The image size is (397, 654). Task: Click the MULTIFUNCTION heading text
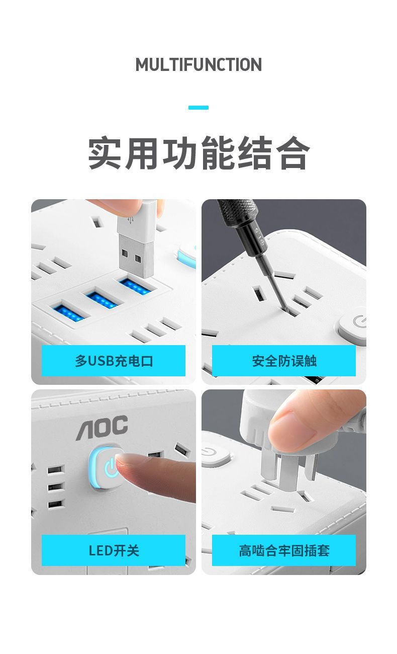(198, 64)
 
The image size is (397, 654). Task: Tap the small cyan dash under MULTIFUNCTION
(198, 108)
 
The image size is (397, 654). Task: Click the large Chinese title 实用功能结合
(198, 153)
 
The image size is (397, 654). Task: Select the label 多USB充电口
(114, 361)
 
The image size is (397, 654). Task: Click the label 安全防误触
(284, 361)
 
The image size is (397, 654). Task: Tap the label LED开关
(114, 551)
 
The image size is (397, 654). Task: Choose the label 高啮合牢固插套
(284, 551)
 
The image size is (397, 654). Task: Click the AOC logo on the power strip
(102, 428)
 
